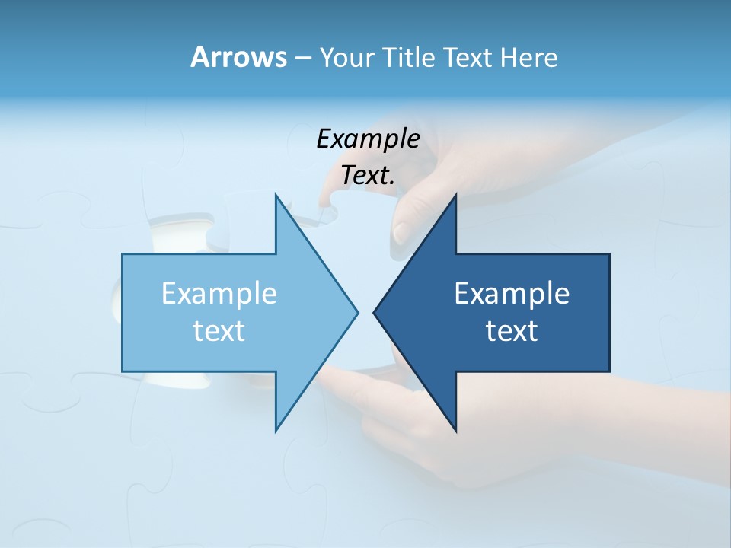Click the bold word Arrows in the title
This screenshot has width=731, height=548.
238,57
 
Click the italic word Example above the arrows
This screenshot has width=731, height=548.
368,139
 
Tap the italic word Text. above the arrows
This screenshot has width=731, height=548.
368,175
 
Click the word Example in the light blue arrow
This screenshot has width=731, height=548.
219,293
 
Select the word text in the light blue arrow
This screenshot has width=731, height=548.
219,330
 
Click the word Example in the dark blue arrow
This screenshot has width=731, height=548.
512,293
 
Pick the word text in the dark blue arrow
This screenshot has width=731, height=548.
512,330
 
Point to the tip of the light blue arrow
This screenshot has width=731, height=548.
357,312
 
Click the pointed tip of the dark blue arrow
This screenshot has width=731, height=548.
374,312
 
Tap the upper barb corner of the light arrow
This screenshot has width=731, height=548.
276,194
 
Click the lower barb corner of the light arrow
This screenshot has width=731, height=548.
276,431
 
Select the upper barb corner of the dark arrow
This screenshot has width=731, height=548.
455,194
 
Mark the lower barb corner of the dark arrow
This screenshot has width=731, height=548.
455,431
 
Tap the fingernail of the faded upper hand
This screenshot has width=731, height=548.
402,231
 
